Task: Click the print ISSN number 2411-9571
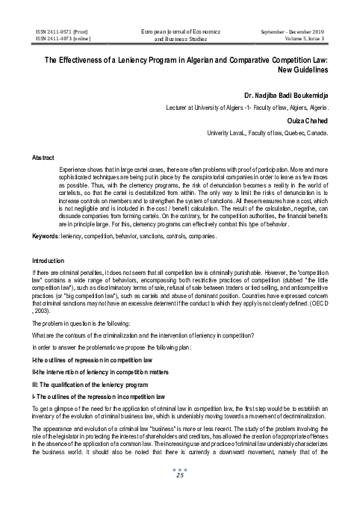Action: tap(55, 31)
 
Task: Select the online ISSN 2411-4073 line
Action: tap(57, 39)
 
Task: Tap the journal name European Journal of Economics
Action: tap(180, 31)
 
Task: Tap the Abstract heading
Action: tap(42, 158)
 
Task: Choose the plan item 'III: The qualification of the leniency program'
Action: tap(95, 382)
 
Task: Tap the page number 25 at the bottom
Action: tap(179, 495)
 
